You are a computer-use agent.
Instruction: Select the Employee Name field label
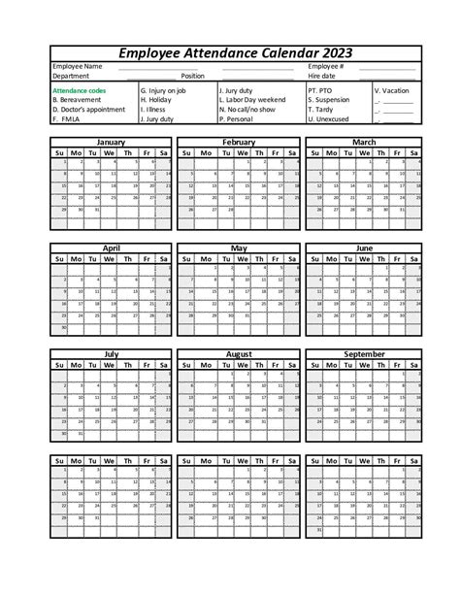click(x=77, y=66)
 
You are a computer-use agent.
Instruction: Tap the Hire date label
click(x=321, y=75)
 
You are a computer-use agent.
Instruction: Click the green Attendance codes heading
click(x=80, y=90)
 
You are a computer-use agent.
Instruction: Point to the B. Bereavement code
click(x=76, y=100)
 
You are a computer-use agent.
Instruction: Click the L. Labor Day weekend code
click(x=252, y=100)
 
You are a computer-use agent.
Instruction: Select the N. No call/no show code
click(x=247, y=110)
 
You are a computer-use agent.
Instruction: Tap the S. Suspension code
click(x=330, y=100)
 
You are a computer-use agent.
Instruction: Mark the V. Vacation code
click(x=391, y=90)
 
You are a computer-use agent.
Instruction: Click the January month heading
click(x=111, y=142)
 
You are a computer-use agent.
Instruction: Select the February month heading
click(x=238, y=142)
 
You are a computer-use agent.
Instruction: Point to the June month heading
click(x=364, y=248)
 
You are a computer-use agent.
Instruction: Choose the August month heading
click(x=238, y=354)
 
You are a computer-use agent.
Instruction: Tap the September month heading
click(x=364, y=354)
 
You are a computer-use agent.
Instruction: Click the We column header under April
click(x=111, y=259)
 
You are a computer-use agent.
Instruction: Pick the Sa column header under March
click(x=414, y=152)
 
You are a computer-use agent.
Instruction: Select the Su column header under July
click(x=60, y=365)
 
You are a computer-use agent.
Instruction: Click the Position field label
click(x=192, y=75)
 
